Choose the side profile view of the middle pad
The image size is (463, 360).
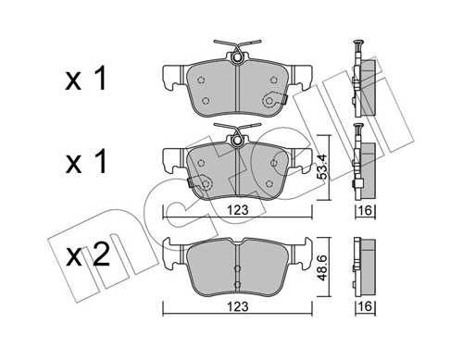click(x=362, y=167)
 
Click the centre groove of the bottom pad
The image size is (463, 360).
click(x=238, y=268)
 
